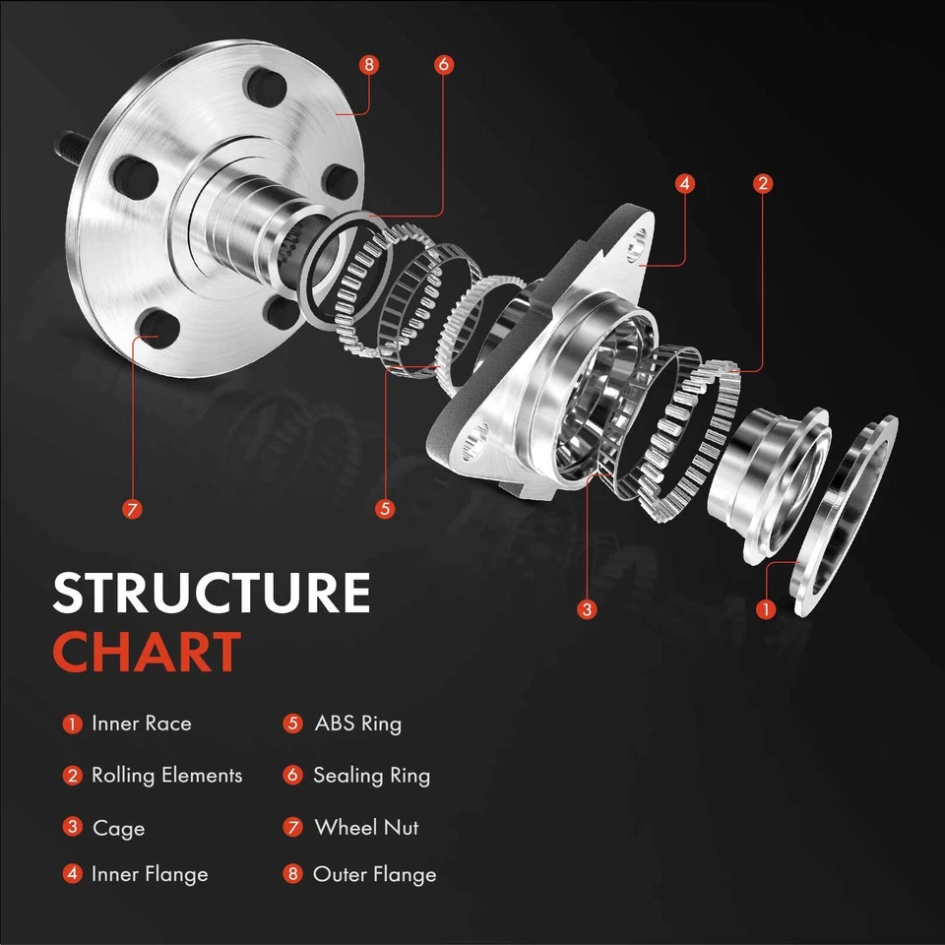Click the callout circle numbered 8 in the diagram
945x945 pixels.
pyautogui.click(x=369, y=65)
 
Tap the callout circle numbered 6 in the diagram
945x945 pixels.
pyautogui.click(x=443, y=65)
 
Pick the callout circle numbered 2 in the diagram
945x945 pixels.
pyautogui.click(x=762, y=183)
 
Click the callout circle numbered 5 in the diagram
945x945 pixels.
pyautogui.click(x=385, y=509)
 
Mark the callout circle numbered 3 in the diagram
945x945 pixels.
pyautogui.click(x=588, y=609)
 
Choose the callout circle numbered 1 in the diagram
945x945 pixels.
pyautogui.click(x=767, y=609)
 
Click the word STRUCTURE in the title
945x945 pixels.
pyautogui.click(x=211, y=594)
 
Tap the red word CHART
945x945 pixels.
pyautogui.click(x=147, y=652)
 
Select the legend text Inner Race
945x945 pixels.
pyautogui.click(x=141, y=724)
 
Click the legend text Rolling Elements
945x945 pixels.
pyautogui.click(x=166, y=776)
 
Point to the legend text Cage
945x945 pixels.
pyautogui.click(x=118, y=828)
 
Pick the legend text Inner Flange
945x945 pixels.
pyautogui.click(x=150, y=874)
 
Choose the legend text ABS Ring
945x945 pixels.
pyautogui.click(x=357, y=724)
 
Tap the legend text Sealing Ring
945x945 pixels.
pyautogui.click(x=371, y=776)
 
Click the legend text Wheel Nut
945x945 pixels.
pyautogui.click(x=366, y=828)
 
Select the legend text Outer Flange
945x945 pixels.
pyautogui.click(x=374, y=874)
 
